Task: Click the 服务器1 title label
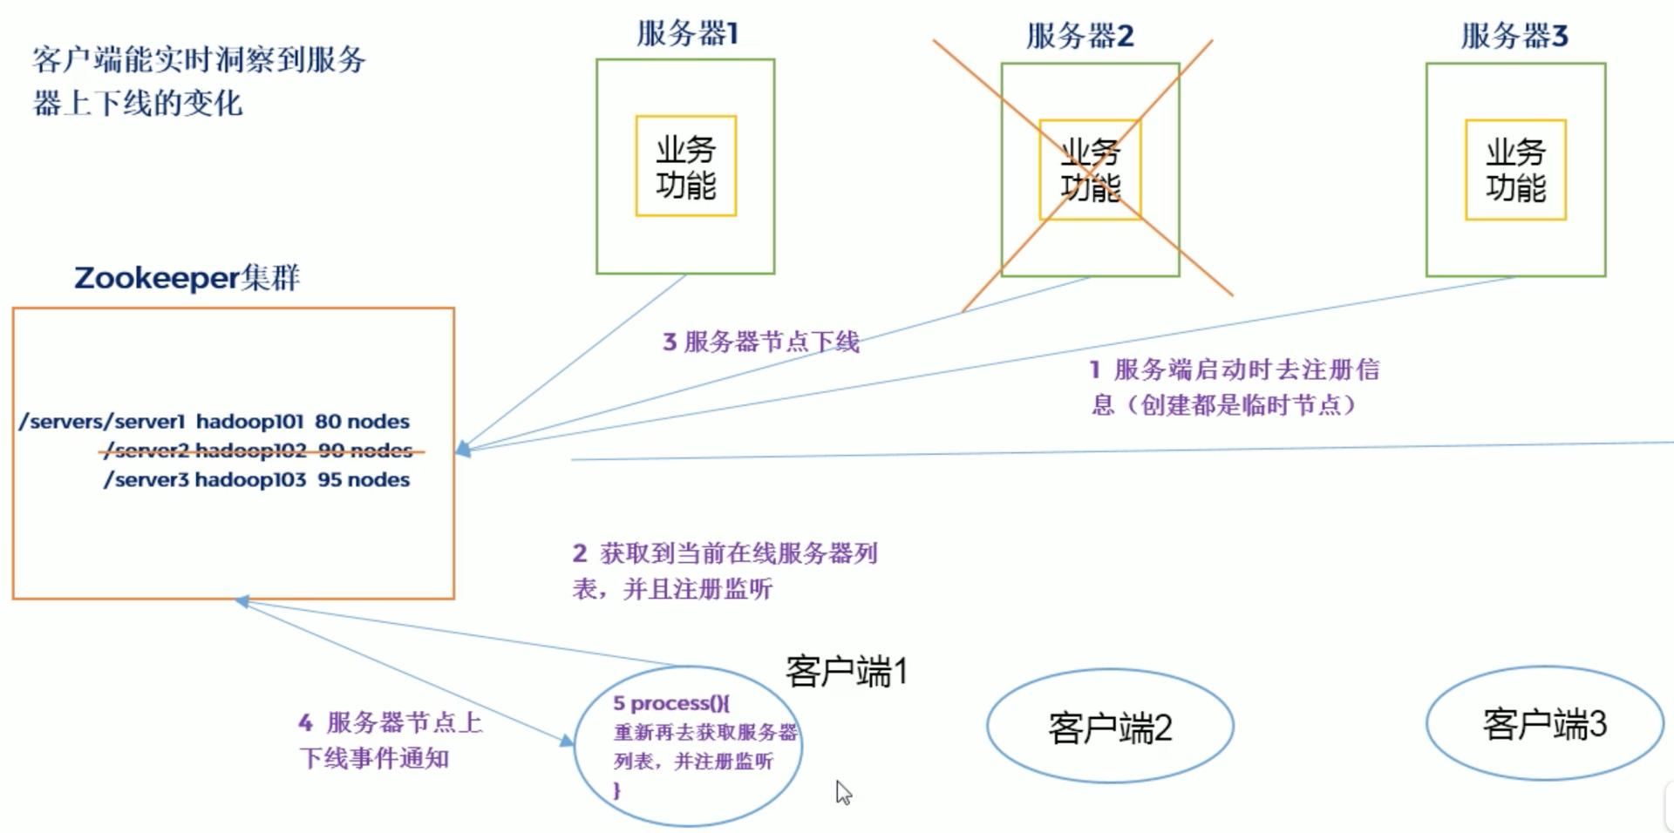(x=687, y=33)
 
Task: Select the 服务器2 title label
(x=1079, y=36)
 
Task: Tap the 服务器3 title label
(x=1514, y=36)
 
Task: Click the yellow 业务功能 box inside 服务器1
(x=686, y=166)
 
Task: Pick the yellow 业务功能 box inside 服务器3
(x=1515, y=170)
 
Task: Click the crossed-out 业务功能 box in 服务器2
(x=1090, y=170)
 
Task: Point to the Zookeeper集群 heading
(x=187, y=278)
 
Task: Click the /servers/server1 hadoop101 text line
(x=214, y=422)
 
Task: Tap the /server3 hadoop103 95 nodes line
(x=256, y=480)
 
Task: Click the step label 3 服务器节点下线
(x=760, y=342)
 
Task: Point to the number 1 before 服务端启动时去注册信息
(x=1095, y=369)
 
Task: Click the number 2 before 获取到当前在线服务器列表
(x=580, y=553)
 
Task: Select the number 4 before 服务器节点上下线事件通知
(x=305, y=722)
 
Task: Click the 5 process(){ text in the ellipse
(x=670, y=703)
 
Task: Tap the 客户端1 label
(x=846, y=672)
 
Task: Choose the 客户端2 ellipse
(x=1110, y=727)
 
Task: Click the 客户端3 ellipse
(x=1544, y=724)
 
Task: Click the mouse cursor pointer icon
(x=843, y=792)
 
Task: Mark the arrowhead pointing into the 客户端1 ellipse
(x=568, y=741)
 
